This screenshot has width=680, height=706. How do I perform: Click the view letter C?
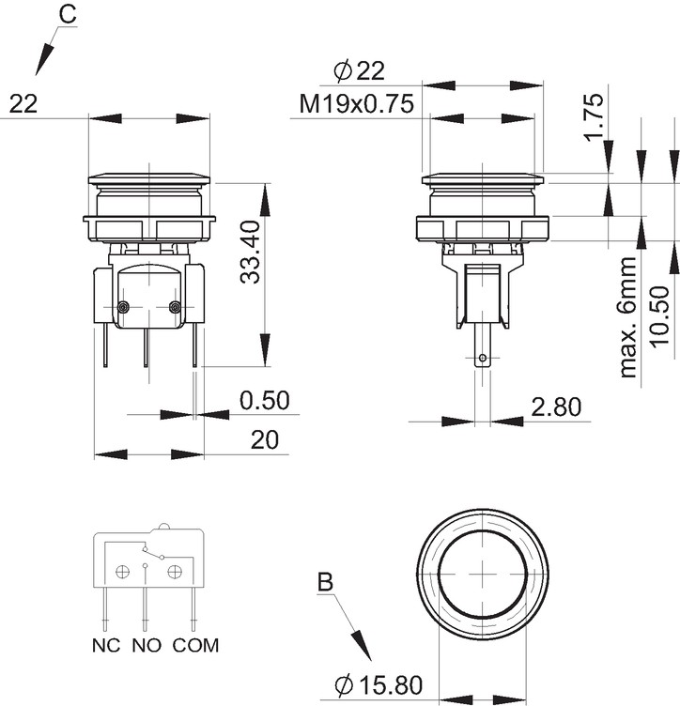click(x=68, y=14)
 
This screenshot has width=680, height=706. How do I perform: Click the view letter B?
click(x=325, y=582)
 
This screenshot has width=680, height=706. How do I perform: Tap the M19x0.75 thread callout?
click(x=356, y=103)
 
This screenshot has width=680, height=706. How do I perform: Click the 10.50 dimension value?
click(x=659, y=316)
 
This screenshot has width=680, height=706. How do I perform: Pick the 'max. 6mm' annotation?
click(x=628, y=317)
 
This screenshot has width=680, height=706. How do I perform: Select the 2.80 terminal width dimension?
click(x=556, y=407)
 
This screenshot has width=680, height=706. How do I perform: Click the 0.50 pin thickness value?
click(x=264, y=400)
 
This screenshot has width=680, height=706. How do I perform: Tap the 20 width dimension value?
click(x=264, y=440)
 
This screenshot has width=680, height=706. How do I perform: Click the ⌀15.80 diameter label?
click(x=379, y=685)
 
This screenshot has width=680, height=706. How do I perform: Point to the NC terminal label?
click(x=106, y=646)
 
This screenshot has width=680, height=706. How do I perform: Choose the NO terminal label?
click(x=147, y=646)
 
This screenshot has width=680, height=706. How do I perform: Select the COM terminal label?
click(x=195, y=646)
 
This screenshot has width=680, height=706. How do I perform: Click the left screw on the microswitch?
click(x=123, y=307)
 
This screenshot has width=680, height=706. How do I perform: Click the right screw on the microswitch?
click(x=175, y=307)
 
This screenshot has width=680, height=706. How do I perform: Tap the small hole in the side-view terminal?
click(x=483, y=358)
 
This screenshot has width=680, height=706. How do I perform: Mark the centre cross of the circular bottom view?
click(x=483, y=574)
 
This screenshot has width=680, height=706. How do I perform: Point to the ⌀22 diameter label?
click(x=360, y=71)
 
